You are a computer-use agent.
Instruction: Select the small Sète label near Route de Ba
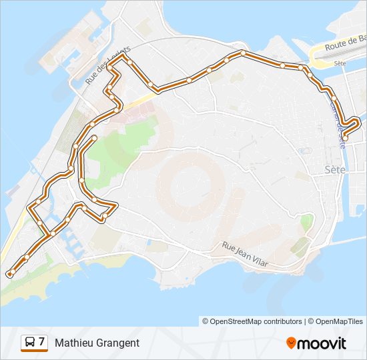[x=340, y=63]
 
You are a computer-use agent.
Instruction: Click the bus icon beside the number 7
[x=30, y=343]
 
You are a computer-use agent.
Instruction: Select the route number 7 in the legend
[x=41, y=342]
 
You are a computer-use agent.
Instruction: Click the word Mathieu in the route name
[x=74, y=343]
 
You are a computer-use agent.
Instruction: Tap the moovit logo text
[x=323, y=343]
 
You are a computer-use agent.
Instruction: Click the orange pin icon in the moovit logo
[x=291, y=343]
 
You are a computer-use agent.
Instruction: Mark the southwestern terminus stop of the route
[x=10, y=273]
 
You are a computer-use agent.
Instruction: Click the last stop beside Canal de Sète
[x=344, y=135]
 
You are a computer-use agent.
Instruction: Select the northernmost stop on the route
[x=243, y=53]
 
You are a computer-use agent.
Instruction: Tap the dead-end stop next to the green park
[x=94, y=138]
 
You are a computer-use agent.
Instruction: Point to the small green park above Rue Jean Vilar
[x=307, y=223]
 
